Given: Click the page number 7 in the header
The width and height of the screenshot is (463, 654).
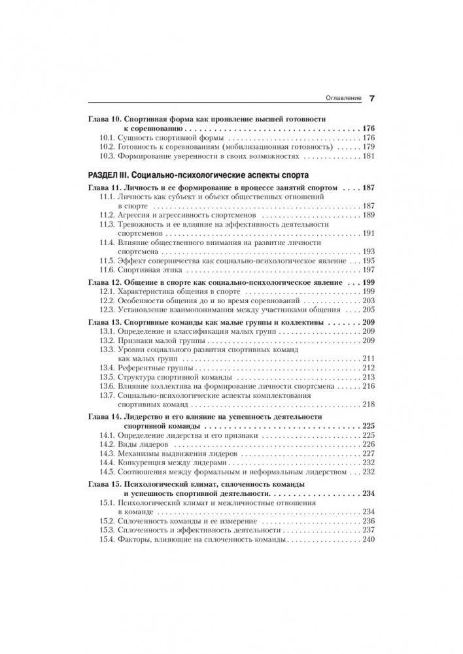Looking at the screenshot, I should [x=371, y=99].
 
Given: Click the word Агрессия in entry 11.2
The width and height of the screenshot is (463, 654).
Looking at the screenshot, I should [x=135, y=215].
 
